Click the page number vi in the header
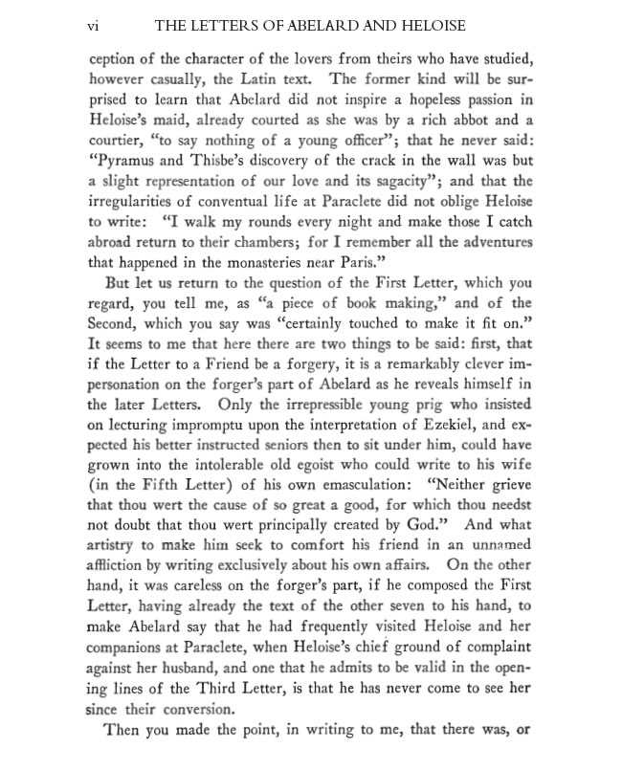tap(94, 26)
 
